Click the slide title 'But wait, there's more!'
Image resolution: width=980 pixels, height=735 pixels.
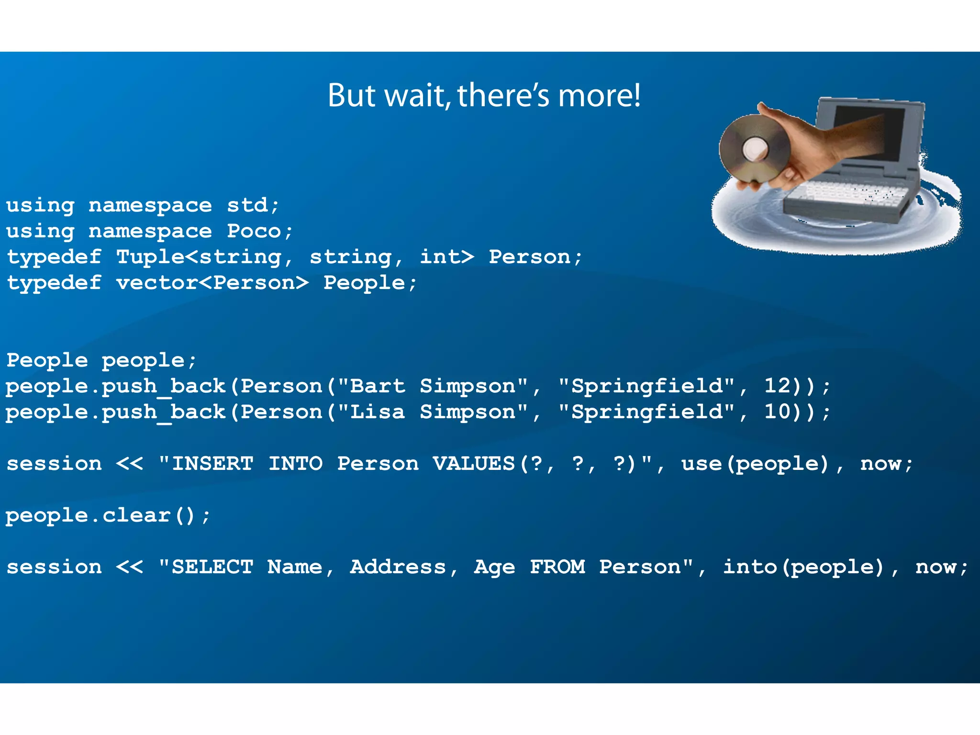[x=484, y=95]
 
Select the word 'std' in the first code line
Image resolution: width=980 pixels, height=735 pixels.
[x=247, y=205]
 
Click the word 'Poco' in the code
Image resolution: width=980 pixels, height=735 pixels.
[x=254, y=231]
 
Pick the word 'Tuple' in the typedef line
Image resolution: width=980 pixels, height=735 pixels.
[x=150, y=257]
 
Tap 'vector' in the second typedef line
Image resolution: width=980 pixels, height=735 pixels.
[x=157, y=283]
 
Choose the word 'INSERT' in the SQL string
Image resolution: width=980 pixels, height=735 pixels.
[x=212, y=464]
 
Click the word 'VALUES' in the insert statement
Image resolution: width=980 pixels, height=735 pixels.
[x=474, y=464]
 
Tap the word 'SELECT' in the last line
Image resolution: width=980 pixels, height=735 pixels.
[x=212, y=567]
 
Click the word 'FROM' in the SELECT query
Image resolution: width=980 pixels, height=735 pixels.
[x=557, y=567]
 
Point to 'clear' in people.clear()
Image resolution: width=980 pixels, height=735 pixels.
[x=136, y=515]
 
